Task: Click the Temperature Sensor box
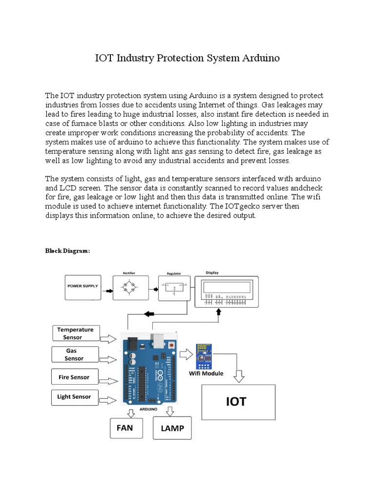(76, 333)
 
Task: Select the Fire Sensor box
(74, 377)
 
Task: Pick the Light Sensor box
(74, 397)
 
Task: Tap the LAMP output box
(172, 428)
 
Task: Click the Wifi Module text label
(206, 374)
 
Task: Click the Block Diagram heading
(68, 250)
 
